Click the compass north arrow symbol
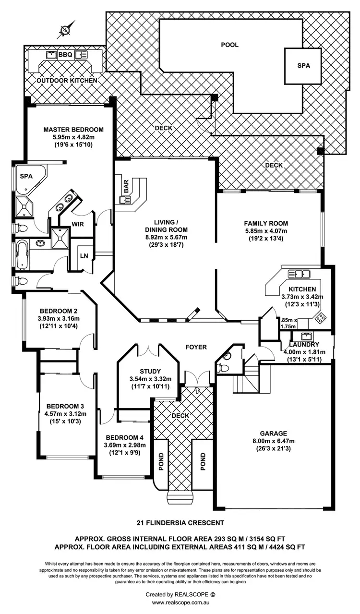click(66, 30)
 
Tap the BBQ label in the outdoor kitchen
click(65, 55)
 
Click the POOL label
click(229, 45)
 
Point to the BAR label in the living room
click(126, 187)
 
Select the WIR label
click(78, 224)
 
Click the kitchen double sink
click(299, 274)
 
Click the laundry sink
click(305, 336)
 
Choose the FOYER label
click(196, 347)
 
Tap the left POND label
click(161, 462)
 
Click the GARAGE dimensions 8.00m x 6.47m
click(273, 441)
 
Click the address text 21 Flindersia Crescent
click(180, 522)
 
